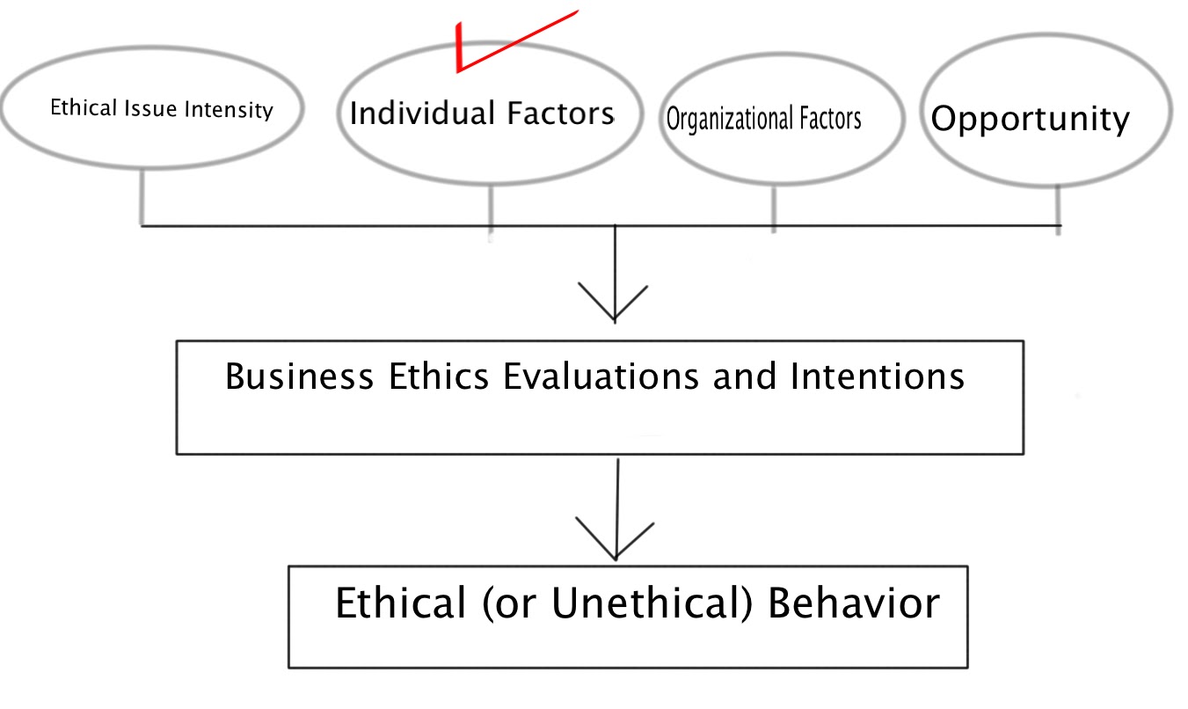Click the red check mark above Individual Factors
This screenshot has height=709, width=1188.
tap(492, 48)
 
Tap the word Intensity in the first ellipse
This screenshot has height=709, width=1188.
tap(236, 110)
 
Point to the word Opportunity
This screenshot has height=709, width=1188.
tap(1030, 119)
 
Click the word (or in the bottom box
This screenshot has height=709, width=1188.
tap(508, 606)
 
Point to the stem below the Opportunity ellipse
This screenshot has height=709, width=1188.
tap(1057, 205)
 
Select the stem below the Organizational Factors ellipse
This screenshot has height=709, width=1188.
tap(773, 208)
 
